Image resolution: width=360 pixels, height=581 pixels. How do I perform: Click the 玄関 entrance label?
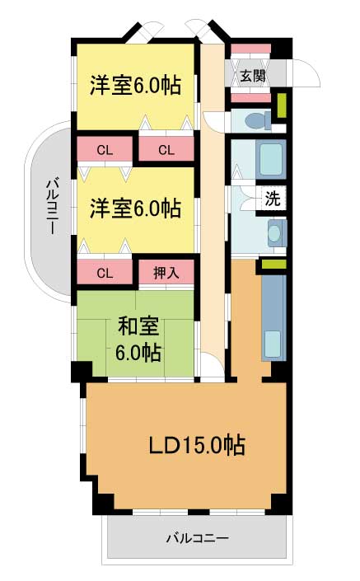pyautogui.click(x=253, y=76)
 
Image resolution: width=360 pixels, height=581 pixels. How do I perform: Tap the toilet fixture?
pyautogui.click(x=259, y=120)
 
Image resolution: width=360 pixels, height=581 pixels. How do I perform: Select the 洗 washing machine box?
pyautogui.click(x=272, y=199)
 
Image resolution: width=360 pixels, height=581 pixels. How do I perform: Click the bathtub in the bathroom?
pyautogui.click(x=271, y=159)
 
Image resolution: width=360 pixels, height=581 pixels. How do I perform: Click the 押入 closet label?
pyautogui.click(x=166, y=273)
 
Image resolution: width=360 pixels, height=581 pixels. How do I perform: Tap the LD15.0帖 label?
pyautogui.click(x=197, y=445)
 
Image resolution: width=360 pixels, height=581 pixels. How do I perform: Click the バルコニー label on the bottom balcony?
pyautogui.click(x=197, y=537)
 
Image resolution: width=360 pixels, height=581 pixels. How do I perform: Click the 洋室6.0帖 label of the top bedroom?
pyautogui.click(x=136, y=85)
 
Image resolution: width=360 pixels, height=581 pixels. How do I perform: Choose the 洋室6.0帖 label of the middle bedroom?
pyautogui.click(x=136, y=209)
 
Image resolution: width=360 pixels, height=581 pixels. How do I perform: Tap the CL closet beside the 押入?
pyautogui.click(x=105, y=272)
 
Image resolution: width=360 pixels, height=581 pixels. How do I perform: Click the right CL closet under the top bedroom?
pyautogui.click(x=166, y=149)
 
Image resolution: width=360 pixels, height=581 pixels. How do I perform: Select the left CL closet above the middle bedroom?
pyautogui.click(x=105, y=150)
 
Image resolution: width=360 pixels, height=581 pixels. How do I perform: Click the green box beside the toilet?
pyautogui.click(x=282, y=105)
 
